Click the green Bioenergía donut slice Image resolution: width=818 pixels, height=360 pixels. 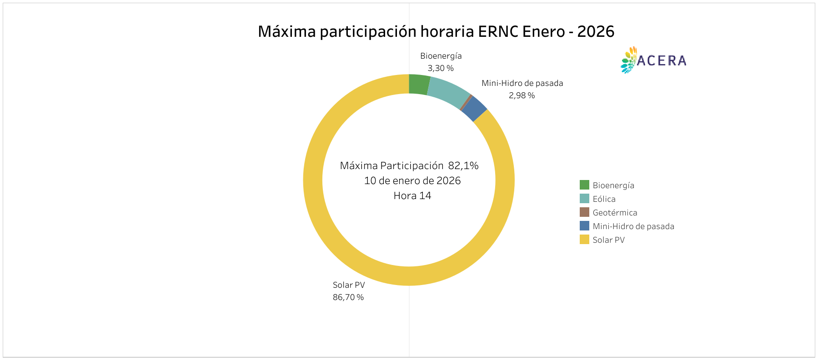tap(419, 85)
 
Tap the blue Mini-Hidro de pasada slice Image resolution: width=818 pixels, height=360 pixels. tap(474, 109)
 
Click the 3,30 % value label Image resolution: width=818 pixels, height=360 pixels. tap(441, 68)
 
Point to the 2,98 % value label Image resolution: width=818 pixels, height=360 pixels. tap(522, 95)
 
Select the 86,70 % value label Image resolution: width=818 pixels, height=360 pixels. tap(348, 297)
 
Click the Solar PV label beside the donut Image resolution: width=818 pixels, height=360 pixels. tap(349, 285)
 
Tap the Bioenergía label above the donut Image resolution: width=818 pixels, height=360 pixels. tap(441, 56)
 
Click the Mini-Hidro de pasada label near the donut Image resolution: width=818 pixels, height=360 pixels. tap(522, 83)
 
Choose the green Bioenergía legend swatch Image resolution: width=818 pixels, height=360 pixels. tap(584, 185)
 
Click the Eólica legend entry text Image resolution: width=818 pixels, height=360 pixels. tap(604, 199)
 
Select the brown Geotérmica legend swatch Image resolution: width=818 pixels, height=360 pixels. tap(584, 212)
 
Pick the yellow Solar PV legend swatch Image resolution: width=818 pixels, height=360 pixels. tap(584, 240)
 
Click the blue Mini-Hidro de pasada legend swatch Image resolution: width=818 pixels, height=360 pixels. tap(584, 226)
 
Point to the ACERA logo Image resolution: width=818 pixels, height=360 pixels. tap(653, 60)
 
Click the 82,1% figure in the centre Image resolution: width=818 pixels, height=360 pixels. tap(463, 165)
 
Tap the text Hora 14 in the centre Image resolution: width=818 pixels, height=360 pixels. tap(412, 196)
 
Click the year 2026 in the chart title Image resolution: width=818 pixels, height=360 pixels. tap(596, 31)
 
